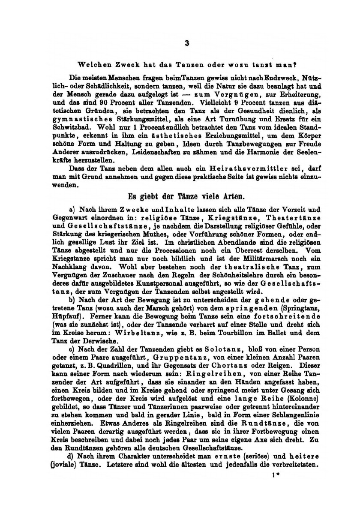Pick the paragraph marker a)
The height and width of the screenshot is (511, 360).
[x=72, y=210]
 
